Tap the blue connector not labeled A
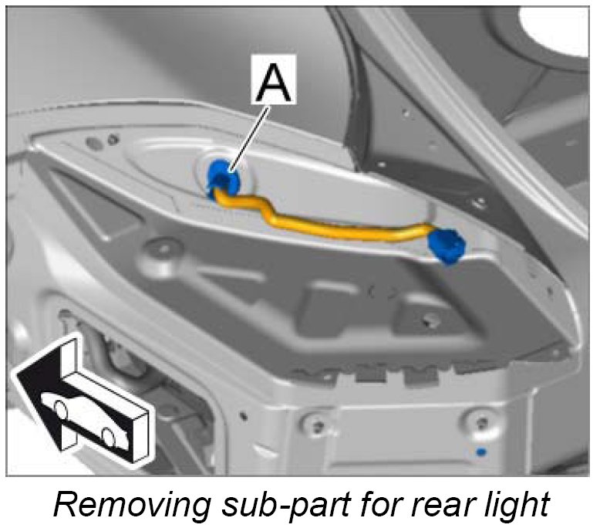click(x=447, y=245)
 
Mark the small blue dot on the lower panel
click(x=481, y=451)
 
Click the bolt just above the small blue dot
click(x=482, y=421)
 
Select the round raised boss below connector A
click(x=161, y=249)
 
